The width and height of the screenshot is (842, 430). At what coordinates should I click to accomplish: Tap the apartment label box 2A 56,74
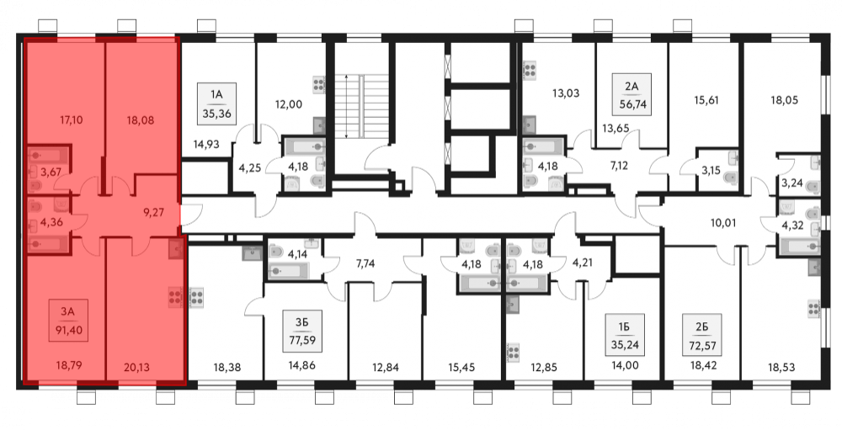(631, 94)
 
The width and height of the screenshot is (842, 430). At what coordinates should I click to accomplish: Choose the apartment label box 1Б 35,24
(624, 336)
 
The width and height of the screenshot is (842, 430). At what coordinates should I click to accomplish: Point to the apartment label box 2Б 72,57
(702, 336)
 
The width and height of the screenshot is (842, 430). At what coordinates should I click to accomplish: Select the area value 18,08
(141, 120)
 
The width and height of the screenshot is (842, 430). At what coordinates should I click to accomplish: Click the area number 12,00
(288, 104)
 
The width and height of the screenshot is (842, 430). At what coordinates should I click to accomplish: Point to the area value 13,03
(566, 93)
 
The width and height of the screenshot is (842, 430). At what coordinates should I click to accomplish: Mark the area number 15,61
(706, 100)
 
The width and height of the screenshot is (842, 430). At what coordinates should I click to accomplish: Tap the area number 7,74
(365, 263)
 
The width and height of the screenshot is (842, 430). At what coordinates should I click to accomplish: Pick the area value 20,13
(136, 368)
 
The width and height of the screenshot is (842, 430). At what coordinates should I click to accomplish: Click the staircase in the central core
(361, 106)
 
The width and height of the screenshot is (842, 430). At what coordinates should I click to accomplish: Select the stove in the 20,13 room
(174, 298)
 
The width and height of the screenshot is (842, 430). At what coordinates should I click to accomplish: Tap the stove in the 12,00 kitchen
(318, 85)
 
